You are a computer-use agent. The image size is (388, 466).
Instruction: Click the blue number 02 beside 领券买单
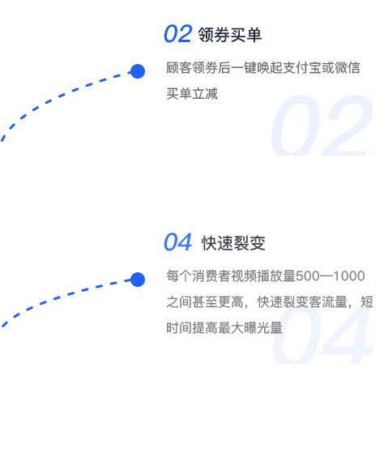pyautogui.click(x=177, y=34)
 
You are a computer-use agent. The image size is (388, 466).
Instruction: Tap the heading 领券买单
pyautogui.click(x=230, y=35)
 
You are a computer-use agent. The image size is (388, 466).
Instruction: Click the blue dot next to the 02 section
pyautogui.click(x=138, y=71)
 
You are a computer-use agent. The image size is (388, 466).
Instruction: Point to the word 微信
pyautogui.click(x=347, y=68)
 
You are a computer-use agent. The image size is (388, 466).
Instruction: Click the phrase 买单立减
pyautogui.click(x=192, y=94)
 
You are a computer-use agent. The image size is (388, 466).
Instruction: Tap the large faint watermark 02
pyautogui.click(x=322, y=126)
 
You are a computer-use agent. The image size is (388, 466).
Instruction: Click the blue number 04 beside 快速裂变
pyautogui.click(x=177, y=242)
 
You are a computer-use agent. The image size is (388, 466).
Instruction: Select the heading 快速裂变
pyautogui.click(x=233, y=243)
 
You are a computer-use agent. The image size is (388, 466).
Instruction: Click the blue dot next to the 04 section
pyautogui.click(x=138, y=280)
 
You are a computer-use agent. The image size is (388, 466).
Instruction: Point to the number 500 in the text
pyautogui.click(x=308, y=276)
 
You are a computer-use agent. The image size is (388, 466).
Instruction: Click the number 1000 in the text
pyautogui.click(x=349, y=276)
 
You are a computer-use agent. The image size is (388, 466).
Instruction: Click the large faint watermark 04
pyautogui.click(x=322, y=335)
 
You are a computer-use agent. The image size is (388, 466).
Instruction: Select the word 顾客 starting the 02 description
pyautogui.click(x=179, y=68)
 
